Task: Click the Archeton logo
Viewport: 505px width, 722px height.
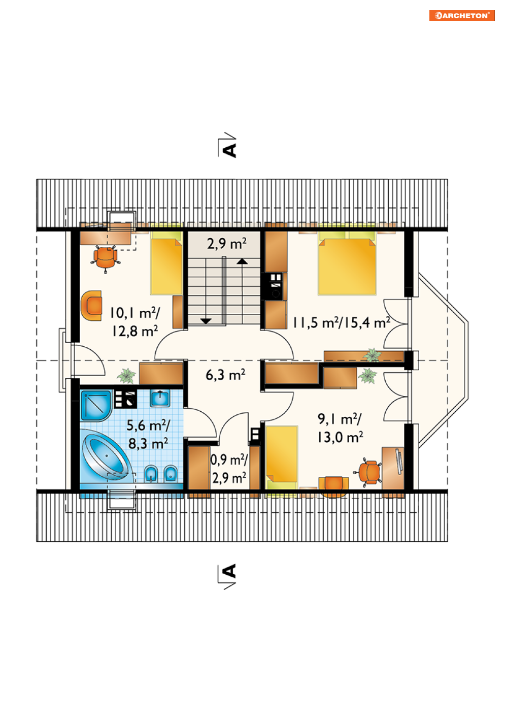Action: pos(461,15)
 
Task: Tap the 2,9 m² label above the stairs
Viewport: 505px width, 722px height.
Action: pos(226,244)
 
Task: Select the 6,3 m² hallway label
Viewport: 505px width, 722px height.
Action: pos(225,375)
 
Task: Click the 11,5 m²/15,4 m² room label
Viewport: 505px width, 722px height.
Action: pos(341,322)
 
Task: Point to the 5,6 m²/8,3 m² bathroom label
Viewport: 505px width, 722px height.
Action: pos(148,434)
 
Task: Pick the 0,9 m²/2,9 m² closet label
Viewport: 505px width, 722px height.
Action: pos(229,468)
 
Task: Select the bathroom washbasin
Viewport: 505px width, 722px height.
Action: pos(160,399)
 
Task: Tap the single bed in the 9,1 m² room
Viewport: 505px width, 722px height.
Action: pos(281,457)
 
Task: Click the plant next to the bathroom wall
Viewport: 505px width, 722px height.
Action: pos(126,376)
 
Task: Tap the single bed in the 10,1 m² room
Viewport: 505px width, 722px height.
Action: pos(166,262)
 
